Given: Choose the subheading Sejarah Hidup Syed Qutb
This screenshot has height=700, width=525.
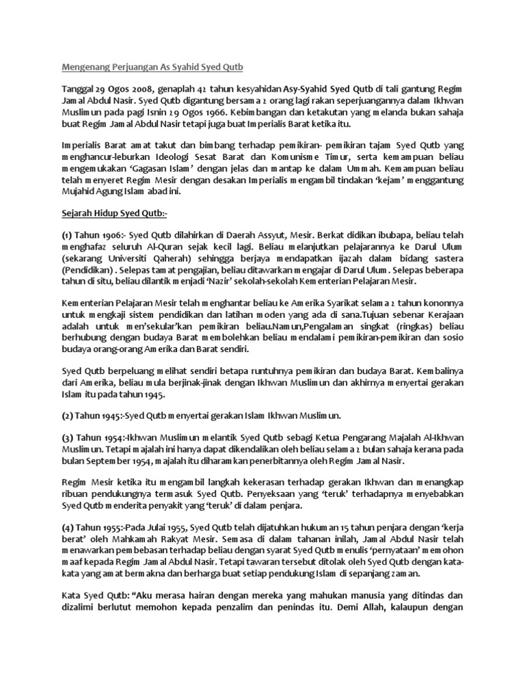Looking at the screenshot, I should tap(113, 215).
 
